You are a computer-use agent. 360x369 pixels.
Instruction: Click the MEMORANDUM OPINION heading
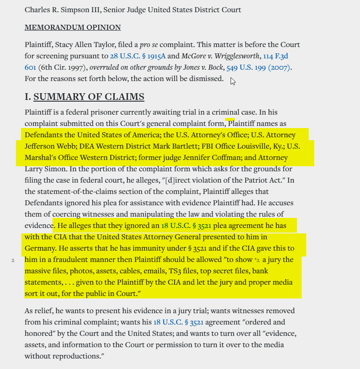[73, 28]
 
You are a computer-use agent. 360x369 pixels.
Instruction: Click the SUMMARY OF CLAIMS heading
[89, 97]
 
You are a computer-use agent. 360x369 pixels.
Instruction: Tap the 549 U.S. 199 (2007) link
[258, 67]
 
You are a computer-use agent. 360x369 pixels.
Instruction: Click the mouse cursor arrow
[232, 81]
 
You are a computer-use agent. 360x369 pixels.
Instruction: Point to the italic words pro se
[149, 44]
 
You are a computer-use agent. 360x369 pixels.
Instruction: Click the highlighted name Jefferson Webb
[46, 147]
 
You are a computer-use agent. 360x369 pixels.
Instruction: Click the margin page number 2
[13, 260]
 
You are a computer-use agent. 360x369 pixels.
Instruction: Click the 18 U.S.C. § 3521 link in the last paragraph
[179, 322]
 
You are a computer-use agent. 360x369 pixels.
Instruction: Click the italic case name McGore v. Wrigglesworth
[221, 56]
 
